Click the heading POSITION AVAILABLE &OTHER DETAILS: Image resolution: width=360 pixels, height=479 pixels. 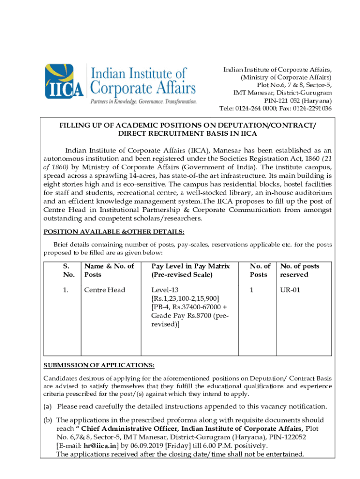pyautogui.click(x=114, y=232)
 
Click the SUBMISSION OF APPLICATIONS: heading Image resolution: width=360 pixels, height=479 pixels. pyautogui.click(x=99, y=365)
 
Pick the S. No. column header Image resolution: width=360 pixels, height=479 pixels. pyautogui.click(x=68, y=270)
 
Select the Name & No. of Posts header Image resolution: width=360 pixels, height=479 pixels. pyautogui.click(x=109, y=270)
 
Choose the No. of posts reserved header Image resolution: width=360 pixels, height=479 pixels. pyautogui.click(x=299, y=270)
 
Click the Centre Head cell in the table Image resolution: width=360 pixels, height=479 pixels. pyautogui.click(x=105, y=290)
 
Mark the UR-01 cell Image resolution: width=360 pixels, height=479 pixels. pyautogui.click(x=290, y=290)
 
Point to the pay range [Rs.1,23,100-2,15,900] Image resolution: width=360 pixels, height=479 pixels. pyautogui.click(x=185, y=298)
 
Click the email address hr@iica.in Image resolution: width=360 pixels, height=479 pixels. pyautogui.click(x=101, y=446)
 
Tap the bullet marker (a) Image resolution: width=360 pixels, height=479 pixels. pyautogui.click(x=48, y=406)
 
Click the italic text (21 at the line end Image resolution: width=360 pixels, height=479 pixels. pyautogui.click(x=325, y=159)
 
